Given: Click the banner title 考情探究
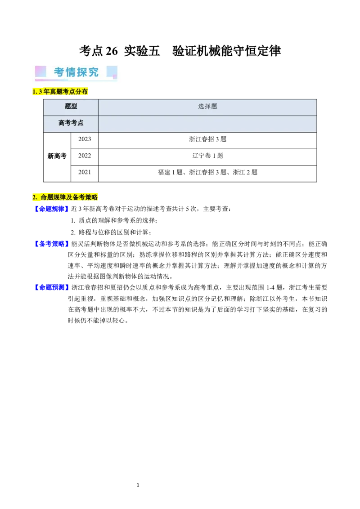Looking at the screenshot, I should click(76, 72).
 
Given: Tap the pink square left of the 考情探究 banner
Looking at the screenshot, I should click(40, 71).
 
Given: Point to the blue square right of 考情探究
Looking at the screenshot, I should click(112, 71).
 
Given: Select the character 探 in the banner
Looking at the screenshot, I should click(82, 72).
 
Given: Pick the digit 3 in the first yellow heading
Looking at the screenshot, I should click(40, 92).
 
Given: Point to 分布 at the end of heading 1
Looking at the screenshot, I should click(83, 92).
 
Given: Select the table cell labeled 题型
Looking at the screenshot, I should click(71, 107).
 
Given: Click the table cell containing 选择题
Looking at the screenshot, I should click(207, 107).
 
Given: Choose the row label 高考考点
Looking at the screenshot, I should click(71, 123).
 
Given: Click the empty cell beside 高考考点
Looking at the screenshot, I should click(207, 123).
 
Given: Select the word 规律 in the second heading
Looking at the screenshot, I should click(59, 197).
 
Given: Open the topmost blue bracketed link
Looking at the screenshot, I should click(51, 208).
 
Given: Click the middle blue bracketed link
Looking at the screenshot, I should click(51, 244).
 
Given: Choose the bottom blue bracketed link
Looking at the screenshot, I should click(51, 287).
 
